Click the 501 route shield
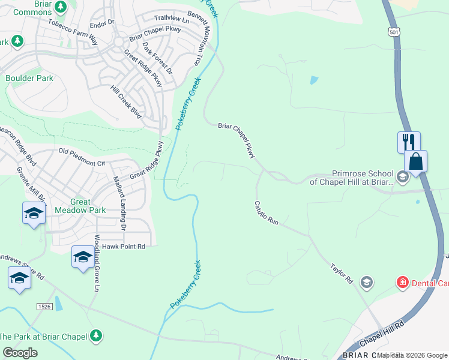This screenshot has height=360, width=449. (x=393, y=31)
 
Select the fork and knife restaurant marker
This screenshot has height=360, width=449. (x=409, y=143)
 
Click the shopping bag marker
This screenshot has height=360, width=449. (x=415, y=161)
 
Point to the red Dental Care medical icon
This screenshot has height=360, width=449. (x=402, y=282)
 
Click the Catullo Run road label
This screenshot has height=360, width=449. (x=266, y=213)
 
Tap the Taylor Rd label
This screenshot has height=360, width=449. (x=341, y=272)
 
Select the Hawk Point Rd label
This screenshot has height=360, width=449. (x=124, y=246)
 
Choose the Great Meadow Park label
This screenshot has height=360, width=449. (x=80, y=206)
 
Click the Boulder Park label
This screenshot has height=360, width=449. (x=29, y=78)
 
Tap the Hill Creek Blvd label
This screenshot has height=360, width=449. (x=126, y=101)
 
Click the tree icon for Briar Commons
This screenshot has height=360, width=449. (x=60, y=7)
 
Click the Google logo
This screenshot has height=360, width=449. (x=20, y=353)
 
